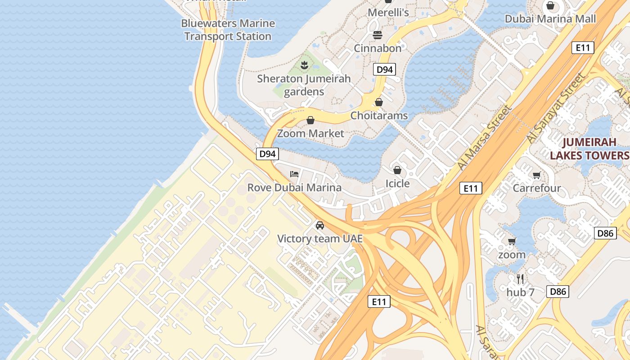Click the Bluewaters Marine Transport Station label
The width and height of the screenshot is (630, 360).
[228, 30]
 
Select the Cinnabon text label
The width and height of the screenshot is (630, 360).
[377, 48]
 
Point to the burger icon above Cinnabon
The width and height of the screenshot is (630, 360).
[377, 35]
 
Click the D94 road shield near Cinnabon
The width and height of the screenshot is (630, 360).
[384, 69]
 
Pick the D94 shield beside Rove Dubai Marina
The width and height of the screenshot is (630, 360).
[268, 154]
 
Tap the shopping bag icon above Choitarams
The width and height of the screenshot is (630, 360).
[379, 102]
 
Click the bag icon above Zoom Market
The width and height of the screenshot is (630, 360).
[310, 120]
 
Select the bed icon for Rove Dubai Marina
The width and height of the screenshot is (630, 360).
[294, 174]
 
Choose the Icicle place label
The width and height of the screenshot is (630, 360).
[397, 183]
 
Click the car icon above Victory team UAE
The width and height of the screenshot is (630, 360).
[319, 225]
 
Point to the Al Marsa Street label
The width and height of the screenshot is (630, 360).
[485, 137]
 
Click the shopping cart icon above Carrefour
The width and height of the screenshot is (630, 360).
[536, 175]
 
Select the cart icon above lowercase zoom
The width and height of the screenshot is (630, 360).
[512, 242]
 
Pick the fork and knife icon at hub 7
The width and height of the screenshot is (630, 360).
[520, 279]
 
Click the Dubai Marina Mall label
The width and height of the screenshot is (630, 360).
[550, 19]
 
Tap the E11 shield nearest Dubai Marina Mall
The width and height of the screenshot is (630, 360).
[583, 48]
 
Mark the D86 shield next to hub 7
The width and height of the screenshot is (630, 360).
[558, 292]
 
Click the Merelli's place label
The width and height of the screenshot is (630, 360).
[388, 13]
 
